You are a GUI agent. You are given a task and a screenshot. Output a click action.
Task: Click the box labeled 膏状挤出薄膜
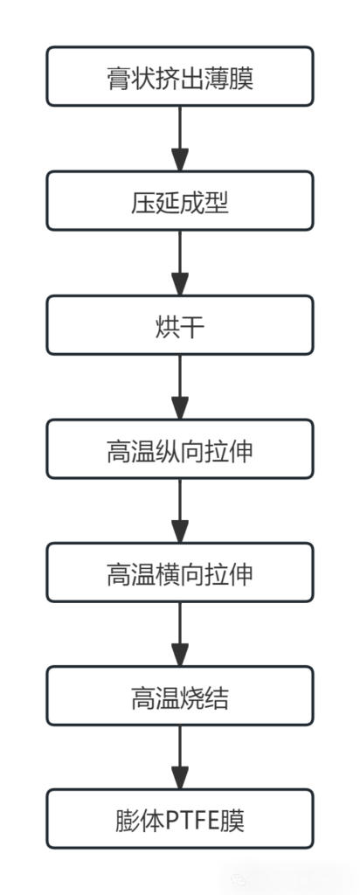tap(180, 77)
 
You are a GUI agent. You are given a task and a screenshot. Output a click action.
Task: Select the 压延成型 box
tap(180, 201)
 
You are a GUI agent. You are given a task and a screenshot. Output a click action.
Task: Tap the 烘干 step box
tap(180, 325)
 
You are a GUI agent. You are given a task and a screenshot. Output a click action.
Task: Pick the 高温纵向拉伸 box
tap(180, 449)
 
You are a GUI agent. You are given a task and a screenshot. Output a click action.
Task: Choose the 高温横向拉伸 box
tap(180, 572)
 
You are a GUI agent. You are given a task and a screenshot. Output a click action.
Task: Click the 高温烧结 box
tap(180, 696)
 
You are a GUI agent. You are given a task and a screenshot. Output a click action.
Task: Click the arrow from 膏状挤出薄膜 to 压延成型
tap(180, 139)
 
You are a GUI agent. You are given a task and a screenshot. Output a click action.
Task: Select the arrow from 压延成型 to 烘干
tap(180, 263)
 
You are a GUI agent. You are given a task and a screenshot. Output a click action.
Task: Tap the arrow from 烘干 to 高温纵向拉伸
tap(180, 387)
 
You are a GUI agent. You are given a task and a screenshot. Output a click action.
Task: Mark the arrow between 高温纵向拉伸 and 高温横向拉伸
tap(180, 510)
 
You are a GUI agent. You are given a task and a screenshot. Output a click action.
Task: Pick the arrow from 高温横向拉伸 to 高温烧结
tap(180, 635)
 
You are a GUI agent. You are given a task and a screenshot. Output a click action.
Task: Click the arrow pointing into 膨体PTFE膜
tap(180, 758)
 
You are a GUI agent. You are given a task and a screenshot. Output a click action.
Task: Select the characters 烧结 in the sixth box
tap(204, 697)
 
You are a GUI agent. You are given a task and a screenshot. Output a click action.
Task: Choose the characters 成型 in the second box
tap(204, 203)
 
